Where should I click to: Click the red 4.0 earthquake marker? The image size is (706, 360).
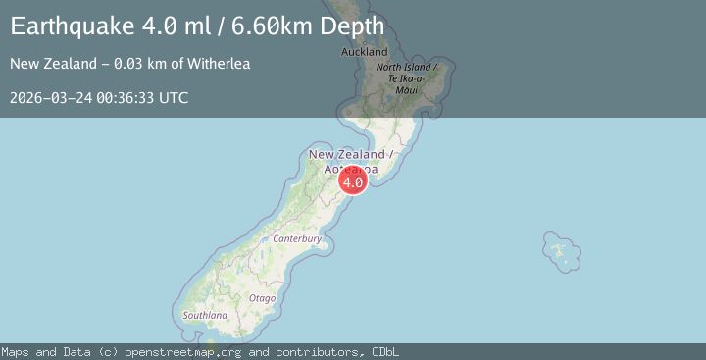(x=353, y=181)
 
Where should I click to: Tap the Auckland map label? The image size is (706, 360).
(x=364, y=52)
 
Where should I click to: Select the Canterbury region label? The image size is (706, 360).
(x=297, y=238)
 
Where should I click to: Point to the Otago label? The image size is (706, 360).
(x=262, y=297)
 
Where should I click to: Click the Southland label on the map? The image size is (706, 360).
(x=205, y=315)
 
